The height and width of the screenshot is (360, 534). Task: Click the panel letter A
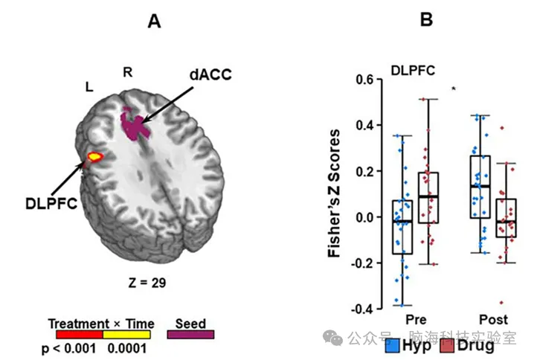pyautogui.click(x=154, y=21)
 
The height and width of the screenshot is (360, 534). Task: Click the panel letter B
pyautogui.click(x=426, y=21)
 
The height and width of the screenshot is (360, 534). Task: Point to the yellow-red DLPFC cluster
pyautogui.click(x=95, y=157)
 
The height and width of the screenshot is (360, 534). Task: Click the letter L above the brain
pyautogui.click(x=89, y=87)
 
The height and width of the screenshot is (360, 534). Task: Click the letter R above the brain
pyautogui.click(x=127, y=71)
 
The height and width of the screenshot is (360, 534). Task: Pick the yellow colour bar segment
pyautogui.click(x=126, y=335)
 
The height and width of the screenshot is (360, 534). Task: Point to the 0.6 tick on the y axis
pyautogui.click(x=363, y=80)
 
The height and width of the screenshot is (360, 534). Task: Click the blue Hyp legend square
pyautogui.click(x=393, y=345)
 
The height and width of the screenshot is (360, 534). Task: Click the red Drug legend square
pyautogui.click(x=446, y=345)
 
